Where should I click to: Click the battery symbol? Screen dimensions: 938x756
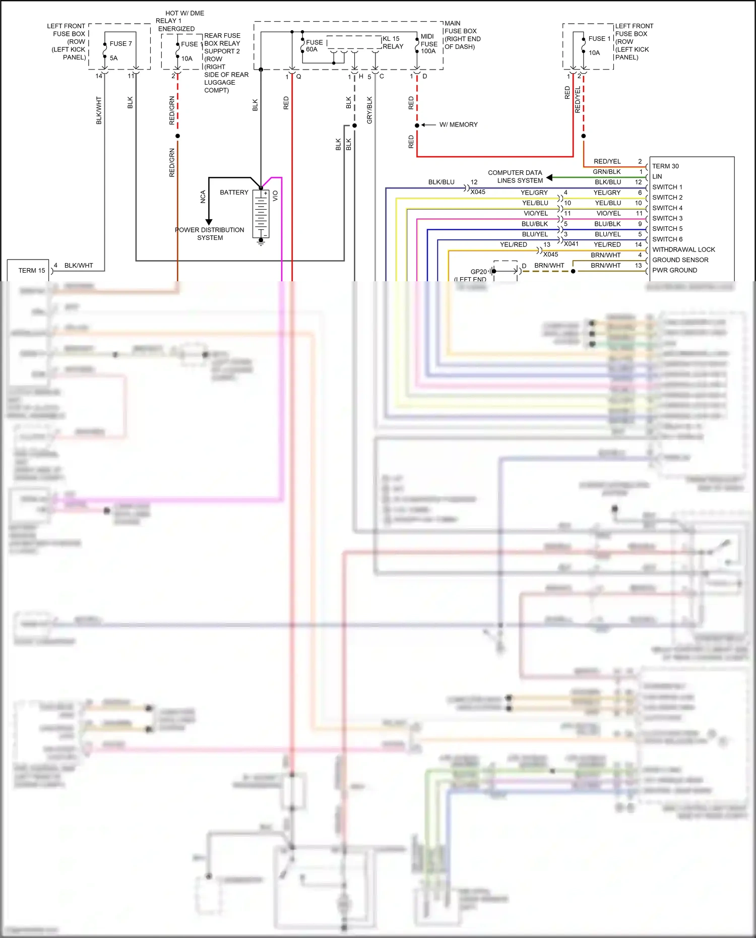261,214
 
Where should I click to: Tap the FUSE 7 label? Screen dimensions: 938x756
120,44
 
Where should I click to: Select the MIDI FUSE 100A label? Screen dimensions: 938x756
428,44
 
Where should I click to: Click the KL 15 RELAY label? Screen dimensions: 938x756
393,42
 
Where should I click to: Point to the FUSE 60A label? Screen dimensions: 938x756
313,46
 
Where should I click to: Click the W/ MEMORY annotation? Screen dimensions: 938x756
458,124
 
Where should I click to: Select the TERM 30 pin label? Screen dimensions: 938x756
665,166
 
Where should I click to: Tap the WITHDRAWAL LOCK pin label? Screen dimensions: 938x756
683,249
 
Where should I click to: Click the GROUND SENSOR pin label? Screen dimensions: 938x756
680,260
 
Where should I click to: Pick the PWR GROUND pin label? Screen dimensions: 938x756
674,270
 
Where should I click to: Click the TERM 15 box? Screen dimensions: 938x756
28,270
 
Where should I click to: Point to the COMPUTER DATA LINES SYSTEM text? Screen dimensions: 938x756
516,176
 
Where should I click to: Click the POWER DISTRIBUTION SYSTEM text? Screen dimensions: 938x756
210,234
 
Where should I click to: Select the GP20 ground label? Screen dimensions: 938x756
478,271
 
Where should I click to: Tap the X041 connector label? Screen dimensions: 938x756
571,244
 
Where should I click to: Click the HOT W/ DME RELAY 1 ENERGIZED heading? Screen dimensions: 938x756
180,21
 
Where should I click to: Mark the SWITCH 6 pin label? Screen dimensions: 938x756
667,239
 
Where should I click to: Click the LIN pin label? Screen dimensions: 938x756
657,176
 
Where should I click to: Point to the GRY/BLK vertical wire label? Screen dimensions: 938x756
369,110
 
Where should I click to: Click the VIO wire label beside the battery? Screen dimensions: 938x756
275,196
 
